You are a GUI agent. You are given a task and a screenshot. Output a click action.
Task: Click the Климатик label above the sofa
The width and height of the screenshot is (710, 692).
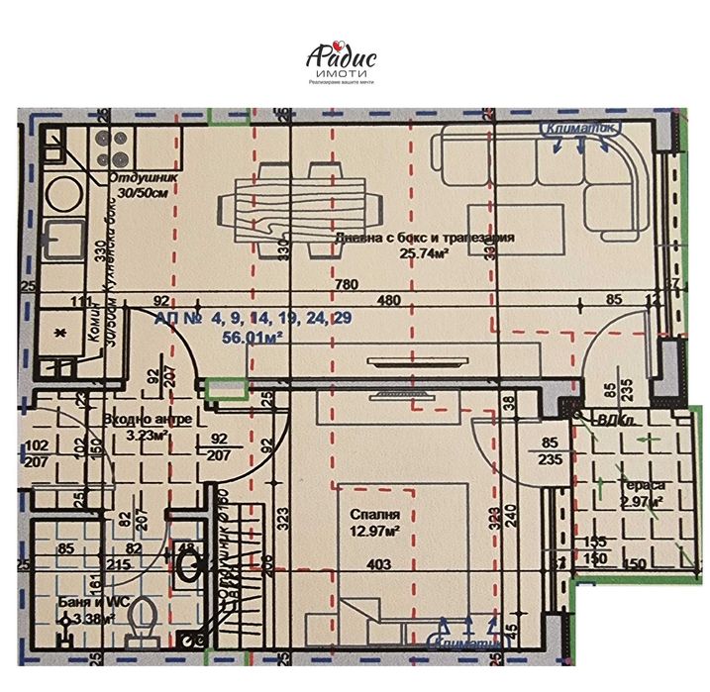(x=580, y=129)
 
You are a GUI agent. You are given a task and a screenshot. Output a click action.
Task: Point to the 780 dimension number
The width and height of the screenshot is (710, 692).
(x=346, y=286)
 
